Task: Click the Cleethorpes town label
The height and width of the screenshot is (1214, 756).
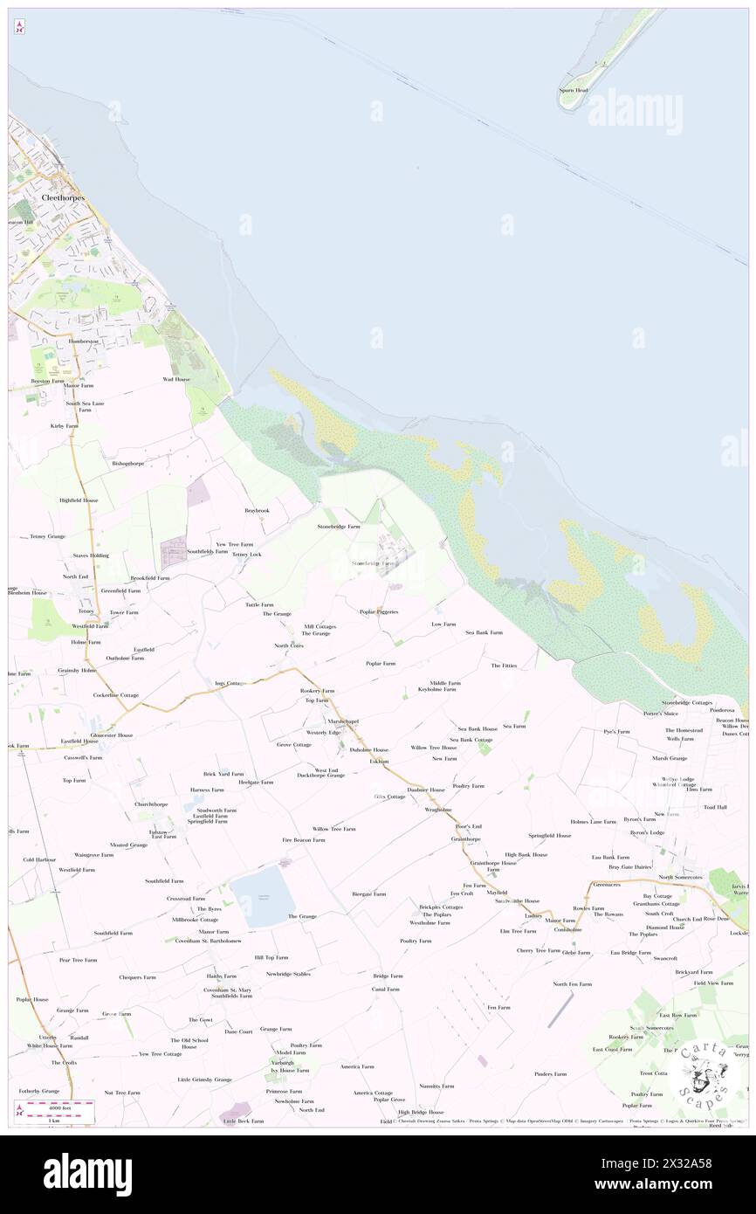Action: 62,198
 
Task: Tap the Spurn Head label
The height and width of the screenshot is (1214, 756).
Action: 574,90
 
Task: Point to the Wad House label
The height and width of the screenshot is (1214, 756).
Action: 175,379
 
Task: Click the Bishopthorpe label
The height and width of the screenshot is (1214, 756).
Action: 127,463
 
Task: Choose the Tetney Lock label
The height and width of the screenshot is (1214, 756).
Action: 246,554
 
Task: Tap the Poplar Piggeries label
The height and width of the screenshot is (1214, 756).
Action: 379,611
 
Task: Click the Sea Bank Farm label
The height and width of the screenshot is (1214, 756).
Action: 484,631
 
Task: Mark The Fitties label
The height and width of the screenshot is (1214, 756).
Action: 504,666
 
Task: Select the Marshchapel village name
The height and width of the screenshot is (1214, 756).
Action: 343,721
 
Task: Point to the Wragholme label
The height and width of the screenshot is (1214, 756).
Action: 437,810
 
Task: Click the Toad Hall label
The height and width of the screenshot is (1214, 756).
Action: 715,807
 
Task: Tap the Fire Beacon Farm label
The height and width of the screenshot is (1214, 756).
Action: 303,839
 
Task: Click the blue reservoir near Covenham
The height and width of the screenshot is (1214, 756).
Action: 258,896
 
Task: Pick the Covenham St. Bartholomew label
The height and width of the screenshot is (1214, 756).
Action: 208,941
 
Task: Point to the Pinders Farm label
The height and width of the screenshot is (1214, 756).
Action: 550,1073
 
